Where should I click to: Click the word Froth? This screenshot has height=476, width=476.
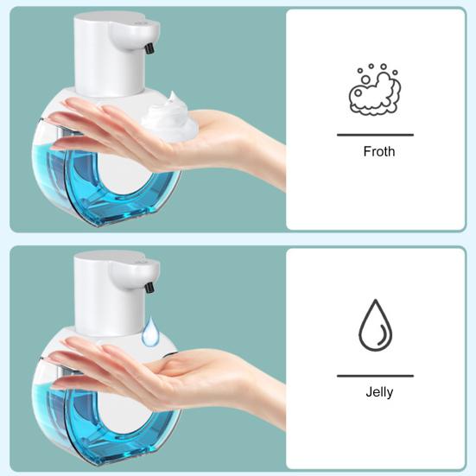(x=378, y=151)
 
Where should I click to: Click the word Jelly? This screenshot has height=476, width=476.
(x=378, y=392)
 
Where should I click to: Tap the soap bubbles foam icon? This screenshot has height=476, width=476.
(x=374, y=89)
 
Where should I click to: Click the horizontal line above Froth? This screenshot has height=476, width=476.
(x=375, y=135)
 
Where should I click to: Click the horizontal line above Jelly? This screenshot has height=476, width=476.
(x=375, y=376)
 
